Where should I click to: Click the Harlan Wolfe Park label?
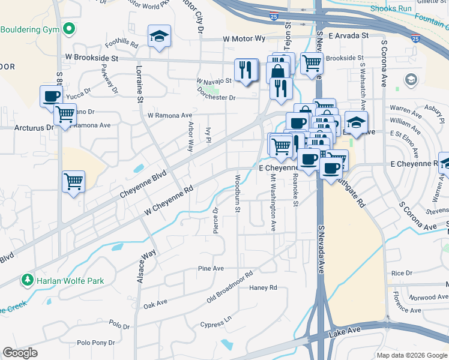70,280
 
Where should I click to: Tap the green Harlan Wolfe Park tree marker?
27,280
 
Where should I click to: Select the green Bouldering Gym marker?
70,28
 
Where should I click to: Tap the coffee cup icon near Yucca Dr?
51,96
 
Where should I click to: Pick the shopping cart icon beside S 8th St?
73,182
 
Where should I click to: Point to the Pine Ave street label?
211,268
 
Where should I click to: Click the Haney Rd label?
263,288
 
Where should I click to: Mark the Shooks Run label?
391,9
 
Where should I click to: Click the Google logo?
20,353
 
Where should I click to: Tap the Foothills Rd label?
121,44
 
